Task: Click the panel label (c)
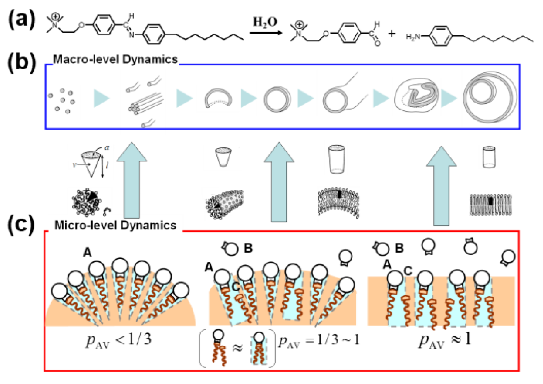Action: (21, 225)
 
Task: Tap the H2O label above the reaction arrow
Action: (265, 22)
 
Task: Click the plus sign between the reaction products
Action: (392, 34)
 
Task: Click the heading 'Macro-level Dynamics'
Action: (115, 59)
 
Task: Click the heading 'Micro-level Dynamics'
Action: (115, 225)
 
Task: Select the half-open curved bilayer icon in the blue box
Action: (218, 98)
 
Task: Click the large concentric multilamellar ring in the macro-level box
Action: (490, 97)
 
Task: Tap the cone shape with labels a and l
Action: (91, 162)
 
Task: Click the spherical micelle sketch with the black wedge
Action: (87, 202)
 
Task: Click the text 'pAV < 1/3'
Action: (119, 340)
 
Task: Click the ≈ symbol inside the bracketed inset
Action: (237, 348)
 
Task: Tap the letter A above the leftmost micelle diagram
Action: (87, 253)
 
